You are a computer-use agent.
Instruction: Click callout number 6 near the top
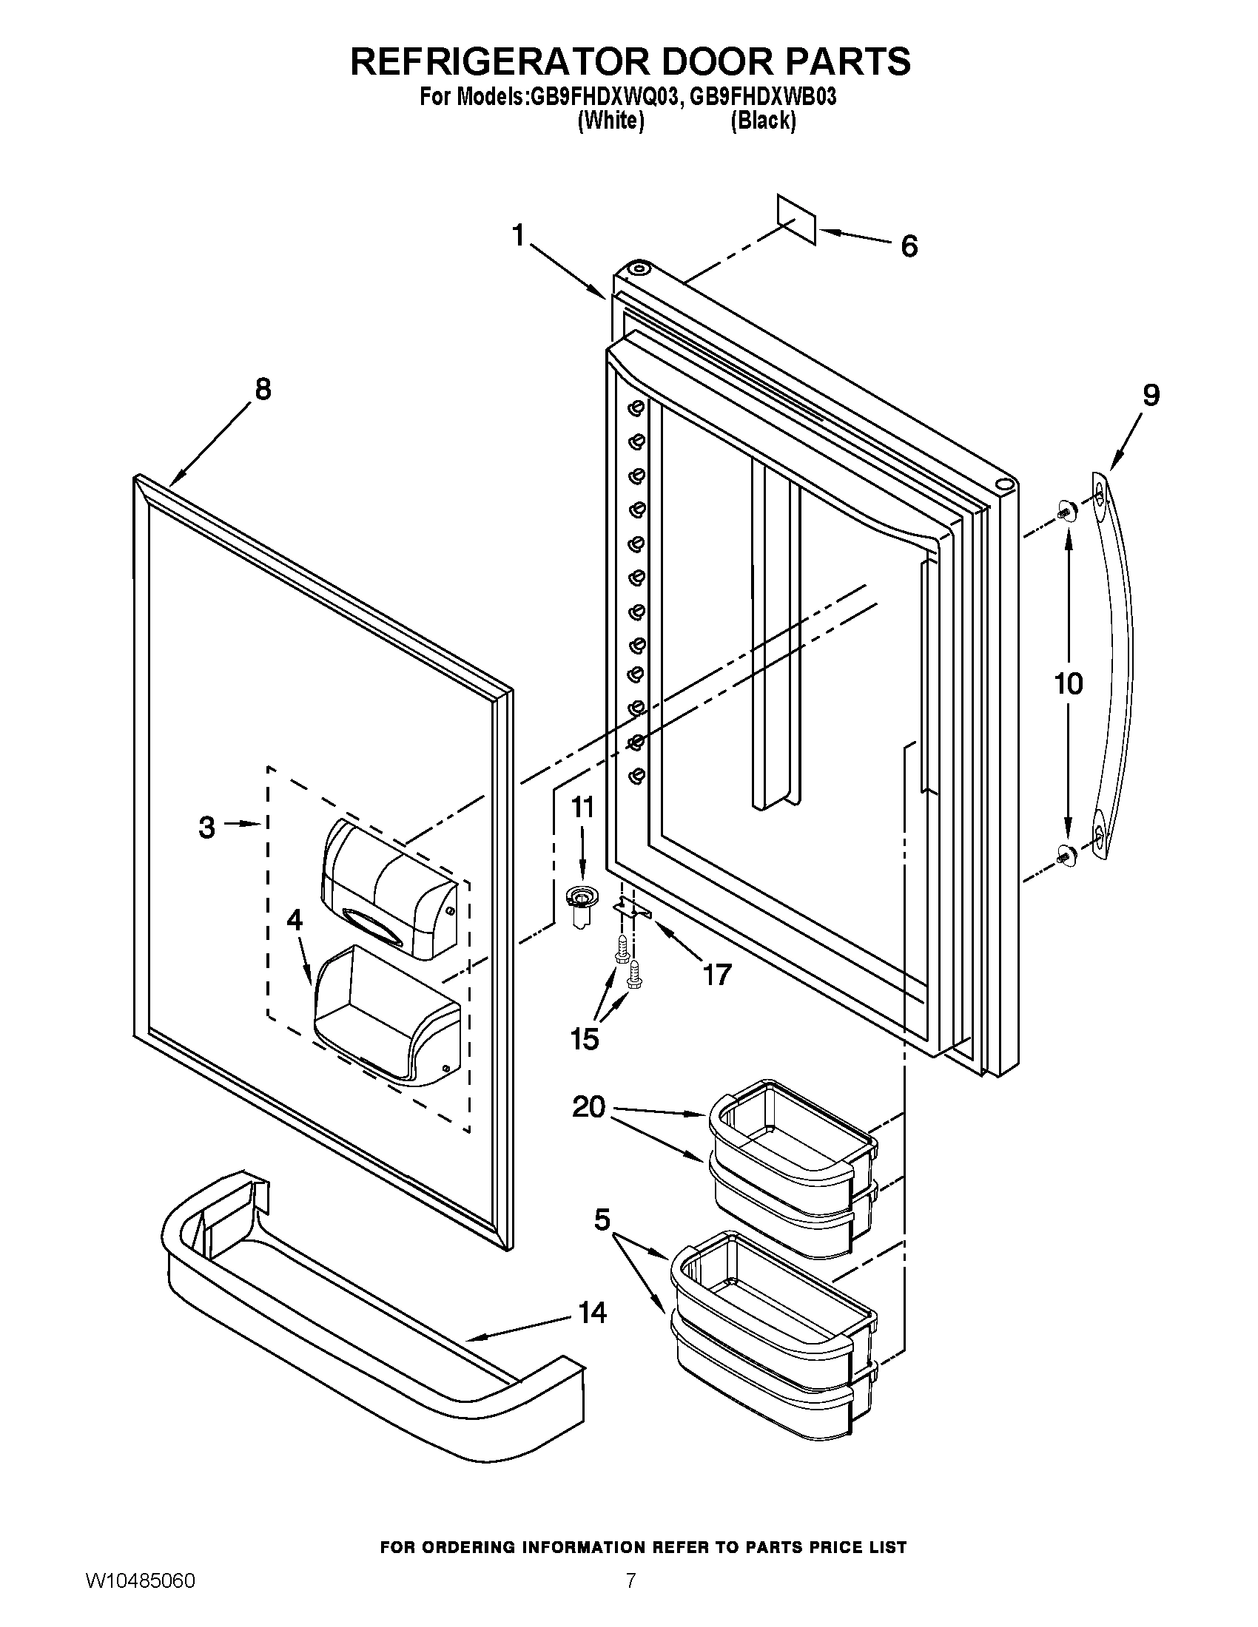coord(909,246)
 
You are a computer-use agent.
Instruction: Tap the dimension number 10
coord(1068,683)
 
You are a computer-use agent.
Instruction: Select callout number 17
coord(717,975)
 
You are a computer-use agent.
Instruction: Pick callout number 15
coord(585,1038)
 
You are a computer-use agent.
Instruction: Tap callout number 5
coord(602,1220)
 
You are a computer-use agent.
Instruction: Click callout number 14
coord(593,1333)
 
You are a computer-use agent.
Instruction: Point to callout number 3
coord(207,828)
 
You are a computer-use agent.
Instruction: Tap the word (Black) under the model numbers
coord(763,121)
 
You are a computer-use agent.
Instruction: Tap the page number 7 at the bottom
coord(630,1597)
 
